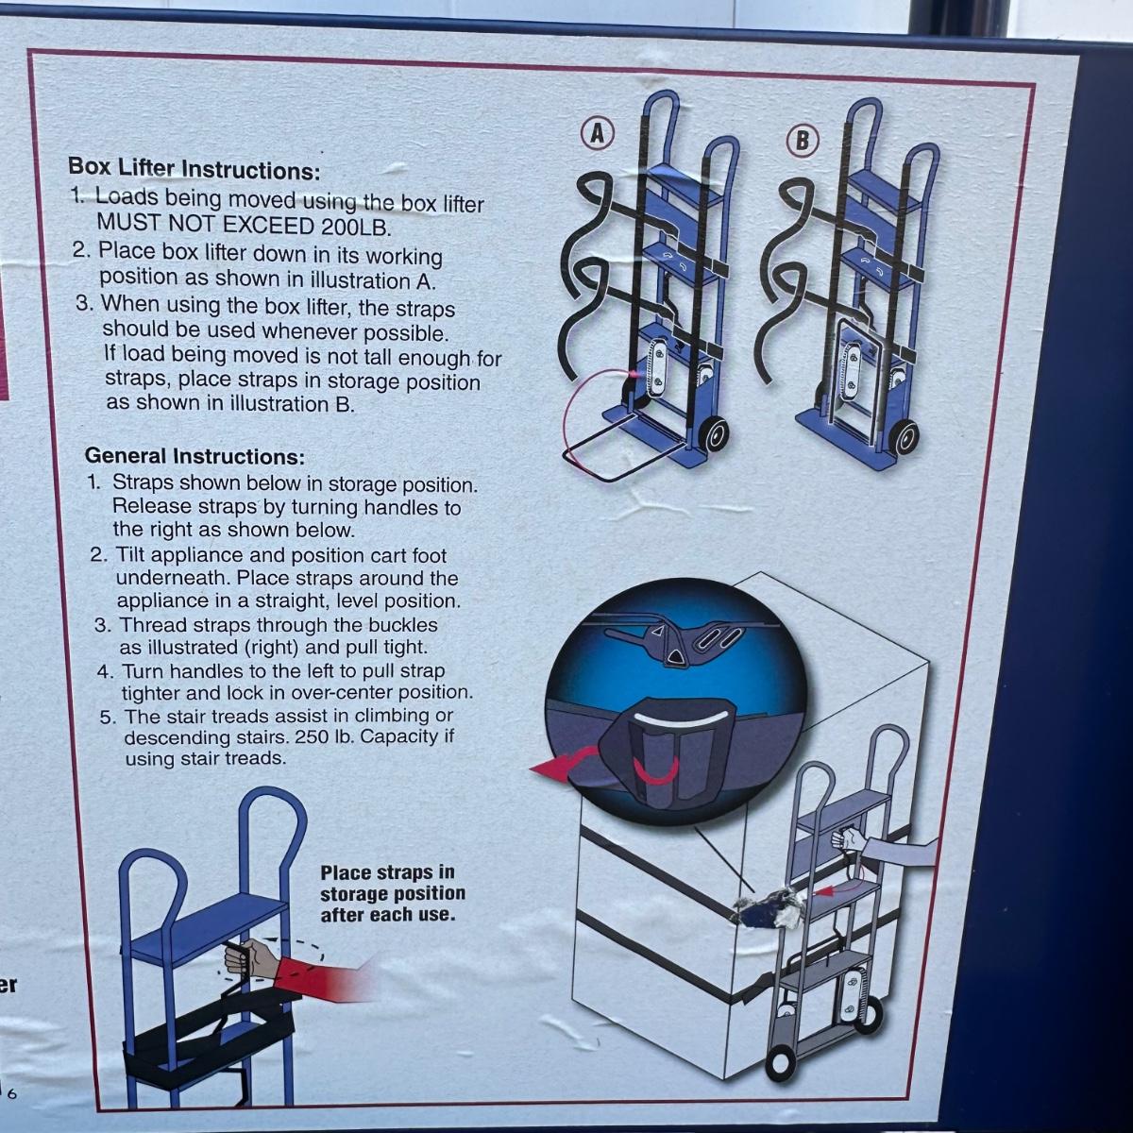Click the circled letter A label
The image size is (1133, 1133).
[x=597, y=134]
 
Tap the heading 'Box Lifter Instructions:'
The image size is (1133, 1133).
[x=194, y=169]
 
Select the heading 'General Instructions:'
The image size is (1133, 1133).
[x=195, y=456]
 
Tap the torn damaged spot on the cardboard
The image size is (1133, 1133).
[x=767, y=908]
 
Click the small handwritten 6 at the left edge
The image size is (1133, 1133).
[x=11, y=1094]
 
